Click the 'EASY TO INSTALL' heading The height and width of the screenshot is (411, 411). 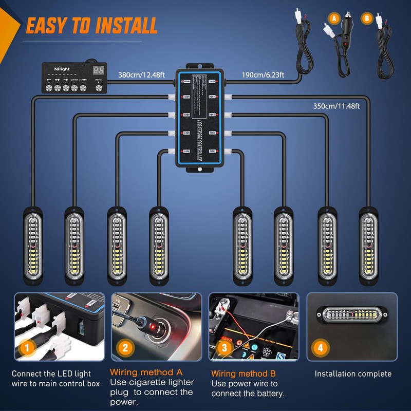pos(91,25)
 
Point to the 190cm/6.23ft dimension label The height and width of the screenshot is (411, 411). pos(263,74)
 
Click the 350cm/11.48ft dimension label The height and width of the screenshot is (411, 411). pos(337,106)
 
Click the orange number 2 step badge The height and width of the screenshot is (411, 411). pos(125,348)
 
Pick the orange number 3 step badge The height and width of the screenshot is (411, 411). pos(223,348)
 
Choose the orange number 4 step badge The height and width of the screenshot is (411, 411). pos(321,348)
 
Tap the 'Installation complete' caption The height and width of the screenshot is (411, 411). pos(353,374)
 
